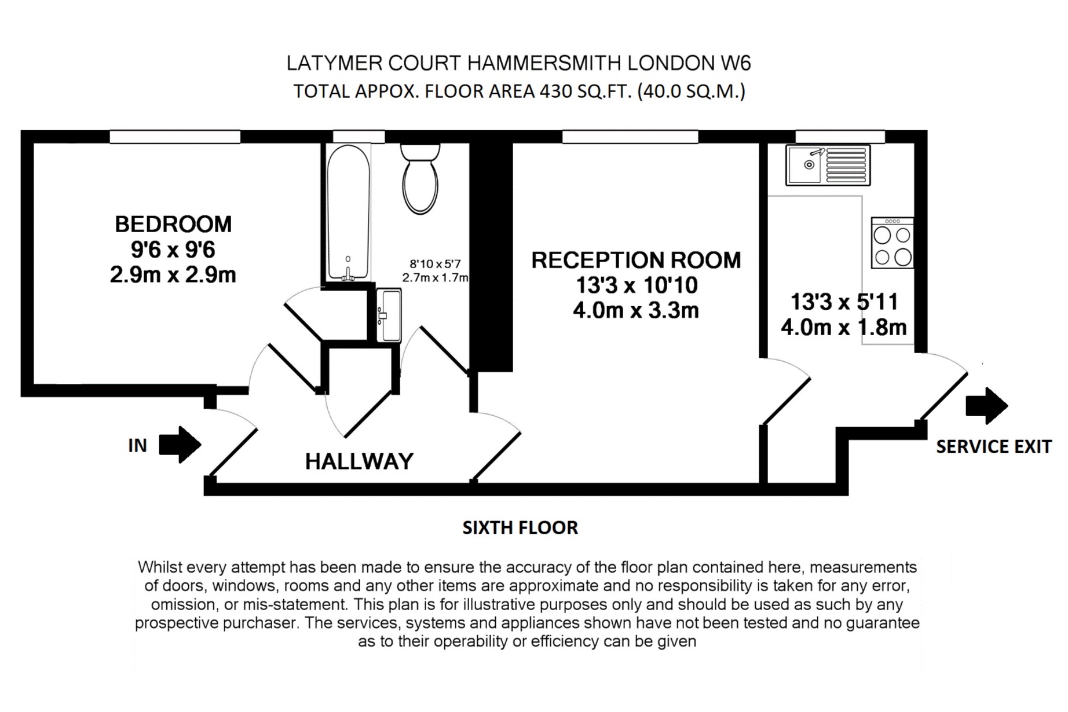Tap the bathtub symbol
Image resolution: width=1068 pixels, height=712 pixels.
[348, 213]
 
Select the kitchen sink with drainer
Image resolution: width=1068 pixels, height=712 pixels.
[828, 165]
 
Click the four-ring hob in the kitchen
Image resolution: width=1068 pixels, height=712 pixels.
[892, 243]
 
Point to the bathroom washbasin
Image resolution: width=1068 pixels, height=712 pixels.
[389, 315]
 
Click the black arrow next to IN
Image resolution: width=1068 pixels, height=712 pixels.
[180, 445]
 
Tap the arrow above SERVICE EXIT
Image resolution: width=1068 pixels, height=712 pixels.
[986, 405]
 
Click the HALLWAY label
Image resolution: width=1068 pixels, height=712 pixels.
[359, 462]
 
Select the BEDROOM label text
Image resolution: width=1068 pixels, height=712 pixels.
[173, 225]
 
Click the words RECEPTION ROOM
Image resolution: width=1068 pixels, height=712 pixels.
[636, 260]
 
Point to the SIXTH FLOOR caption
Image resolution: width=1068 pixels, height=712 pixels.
[520, 528]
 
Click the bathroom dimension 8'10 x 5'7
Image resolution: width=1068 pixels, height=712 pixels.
[435, 265]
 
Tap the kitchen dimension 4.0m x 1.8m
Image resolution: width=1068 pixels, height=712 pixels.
[843, 328]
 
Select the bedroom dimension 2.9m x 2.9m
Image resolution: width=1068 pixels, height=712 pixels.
[173, 275]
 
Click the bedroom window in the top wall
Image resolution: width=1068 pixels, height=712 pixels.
[175, 137]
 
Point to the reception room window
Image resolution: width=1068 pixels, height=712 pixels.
[630, 137]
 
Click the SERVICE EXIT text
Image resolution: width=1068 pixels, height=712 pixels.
[993, 447]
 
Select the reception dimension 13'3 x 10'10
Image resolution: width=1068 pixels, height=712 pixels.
[636, 285]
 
